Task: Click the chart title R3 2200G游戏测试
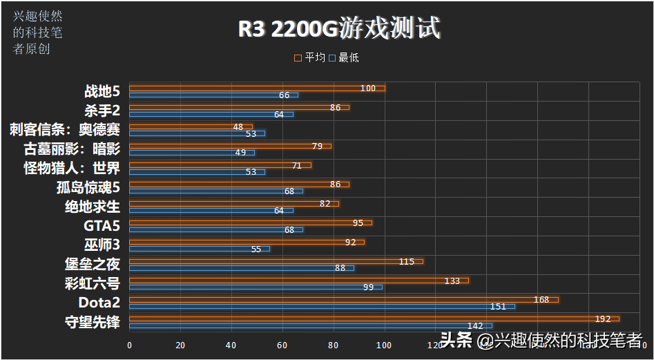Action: click(339, 29)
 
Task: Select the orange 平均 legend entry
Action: click(310, 58)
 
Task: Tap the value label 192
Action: click(603, 319)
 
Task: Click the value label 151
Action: click(498, 306)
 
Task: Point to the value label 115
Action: click(407, 261)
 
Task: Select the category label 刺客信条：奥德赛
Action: click(65, 129)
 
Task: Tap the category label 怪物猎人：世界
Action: click(72, 168)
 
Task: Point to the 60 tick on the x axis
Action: click(282, 345)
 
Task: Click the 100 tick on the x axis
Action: click(384, 345)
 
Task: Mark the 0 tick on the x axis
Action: click(130, 345)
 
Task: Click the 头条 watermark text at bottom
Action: click(456, 340)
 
